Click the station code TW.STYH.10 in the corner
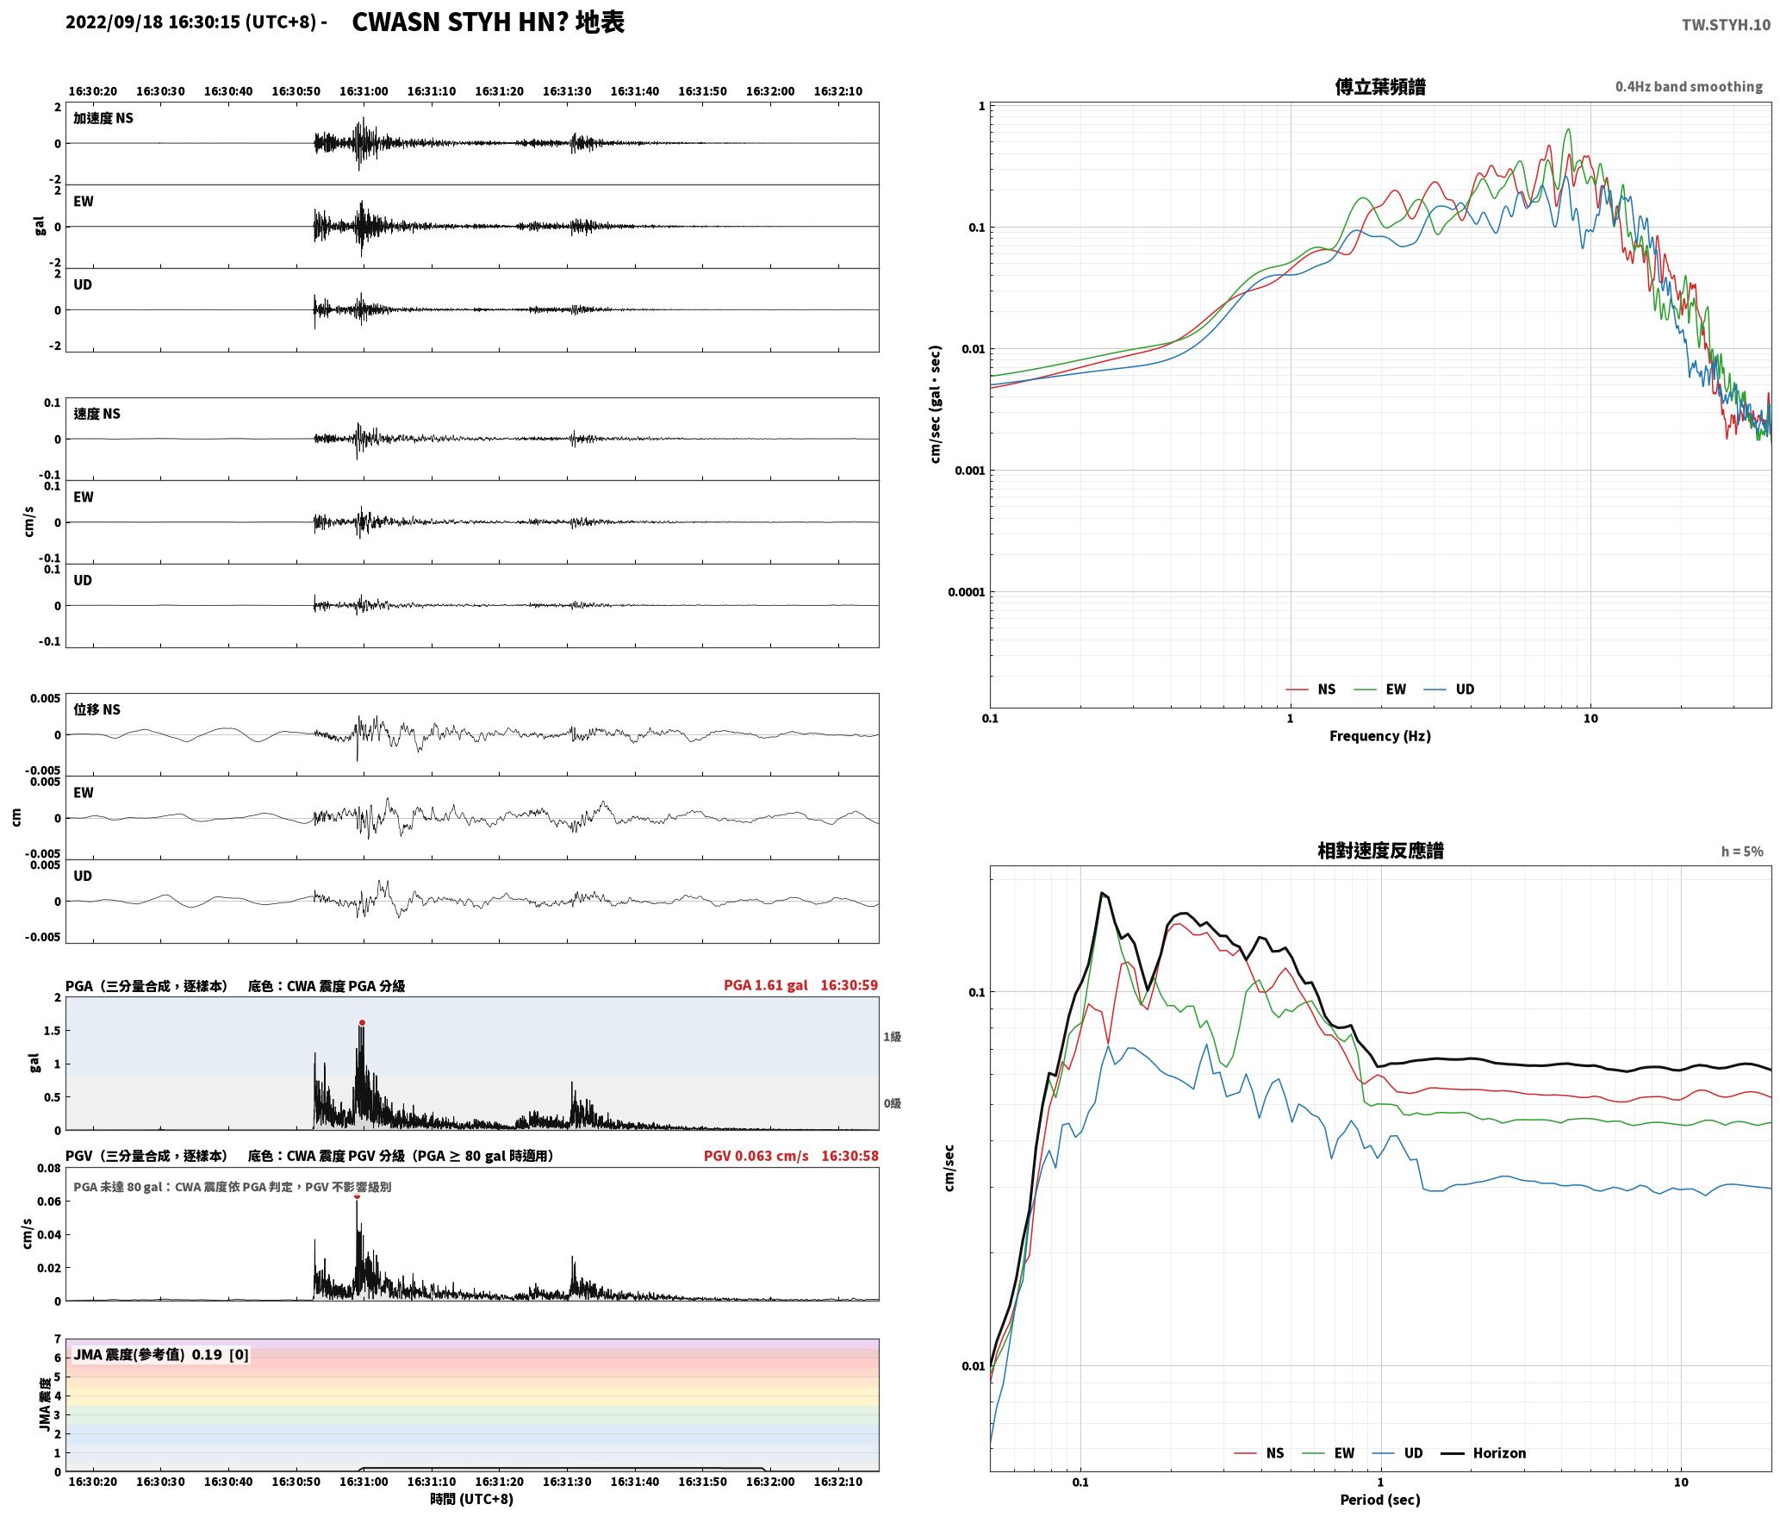[1726, 24]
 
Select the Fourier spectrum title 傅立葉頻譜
[1379, 86]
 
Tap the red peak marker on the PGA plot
[362, 1023]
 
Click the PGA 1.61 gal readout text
[765, 985]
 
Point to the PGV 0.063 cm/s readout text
[756, 1156]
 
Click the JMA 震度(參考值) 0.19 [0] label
[161, 1355]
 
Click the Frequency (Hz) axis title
[1379, 736]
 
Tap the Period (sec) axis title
[1379, 1500]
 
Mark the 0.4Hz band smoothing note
[1689, 86]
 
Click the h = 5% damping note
[1742, 852]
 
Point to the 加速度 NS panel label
[103, 118]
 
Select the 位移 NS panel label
[96, 709]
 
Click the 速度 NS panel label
[96, 414]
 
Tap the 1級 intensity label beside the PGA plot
[892, 1037]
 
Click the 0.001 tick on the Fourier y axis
[969, 471]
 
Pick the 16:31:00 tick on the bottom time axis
[364, 1482]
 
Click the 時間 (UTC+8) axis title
[472, 1499]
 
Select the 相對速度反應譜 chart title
[1379, 851]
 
